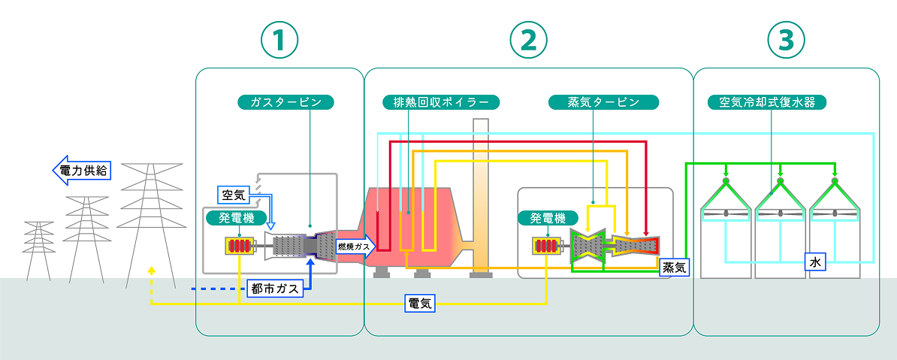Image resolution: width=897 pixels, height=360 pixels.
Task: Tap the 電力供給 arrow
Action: tap(81, 171)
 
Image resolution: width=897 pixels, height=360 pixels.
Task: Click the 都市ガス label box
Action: tap(274, 288)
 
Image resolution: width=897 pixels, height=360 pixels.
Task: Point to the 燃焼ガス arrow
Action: tap(353, 246)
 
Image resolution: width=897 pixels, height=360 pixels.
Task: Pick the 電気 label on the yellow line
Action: tap(418, 304)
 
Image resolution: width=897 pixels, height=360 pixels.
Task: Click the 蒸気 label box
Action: tap(674, 266)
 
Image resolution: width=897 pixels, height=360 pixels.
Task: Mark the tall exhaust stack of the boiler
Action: tap(480, 195)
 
